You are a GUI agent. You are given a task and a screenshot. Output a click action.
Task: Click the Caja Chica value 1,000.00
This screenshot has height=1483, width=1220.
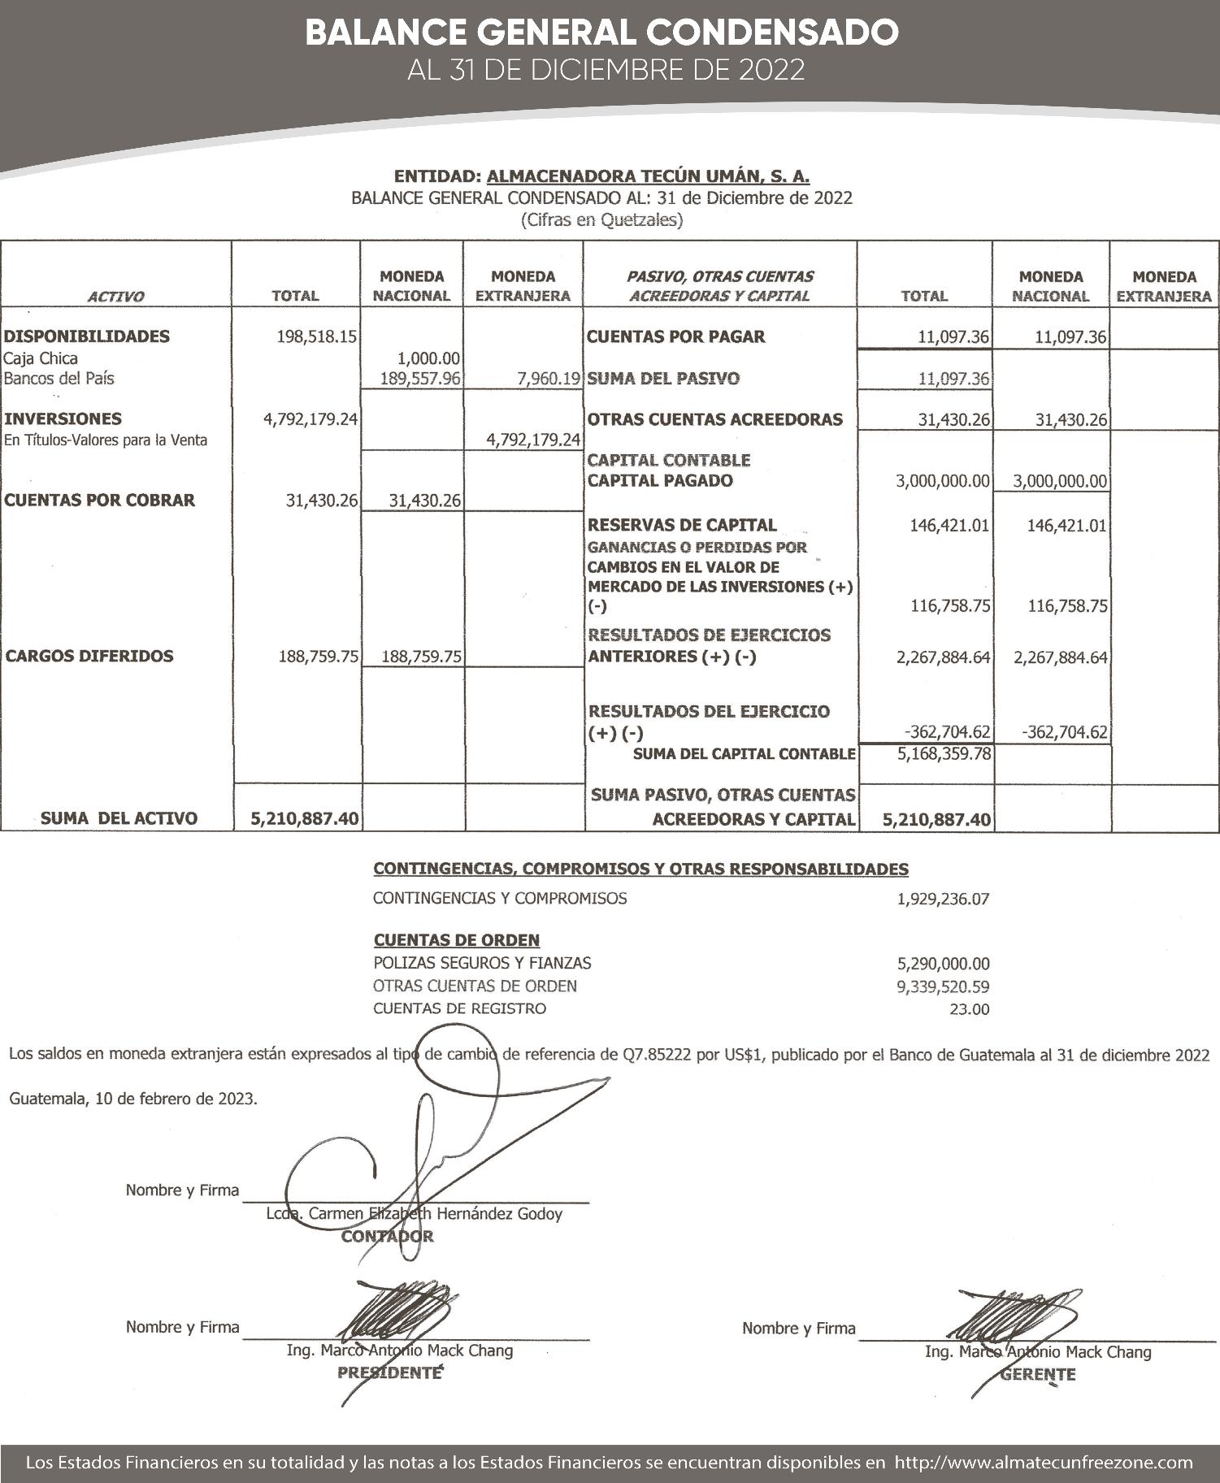pyautogui.click(x=428, y=358)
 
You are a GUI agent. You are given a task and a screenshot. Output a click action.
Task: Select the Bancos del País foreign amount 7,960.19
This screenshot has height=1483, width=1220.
pyautogui.click(x=548, y=379)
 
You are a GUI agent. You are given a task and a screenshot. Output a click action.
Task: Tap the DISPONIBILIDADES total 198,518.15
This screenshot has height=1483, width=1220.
pyautogui.click(x=316, y=336)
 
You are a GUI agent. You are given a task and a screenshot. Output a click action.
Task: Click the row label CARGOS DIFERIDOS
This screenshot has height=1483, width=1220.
pyautogui.click(x=89, y=656)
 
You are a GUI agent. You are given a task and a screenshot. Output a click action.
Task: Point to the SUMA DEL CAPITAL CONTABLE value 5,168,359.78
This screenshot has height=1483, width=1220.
pyautogui.click(x=944, y=753)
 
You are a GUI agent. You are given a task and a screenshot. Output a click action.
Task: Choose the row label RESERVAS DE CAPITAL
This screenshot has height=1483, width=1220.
pyautogui.click(x=681, y=525)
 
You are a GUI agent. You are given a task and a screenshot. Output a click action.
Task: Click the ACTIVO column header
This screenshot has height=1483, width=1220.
pyautogui.click(x=115, y=297)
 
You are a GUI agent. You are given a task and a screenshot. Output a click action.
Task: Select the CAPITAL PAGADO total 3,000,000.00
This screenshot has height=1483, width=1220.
pyautogui.click(x=943, y=481)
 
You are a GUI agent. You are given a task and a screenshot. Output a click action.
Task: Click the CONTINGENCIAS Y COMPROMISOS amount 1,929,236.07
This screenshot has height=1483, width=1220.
pyautogui.click(x=943, y=900)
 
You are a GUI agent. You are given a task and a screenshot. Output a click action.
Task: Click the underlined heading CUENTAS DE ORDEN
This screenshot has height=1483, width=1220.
pyautogui.click(x=456, y=940)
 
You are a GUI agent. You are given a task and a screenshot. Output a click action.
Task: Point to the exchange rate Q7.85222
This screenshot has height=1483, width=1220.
pyautogui.click(x=657, y=1056)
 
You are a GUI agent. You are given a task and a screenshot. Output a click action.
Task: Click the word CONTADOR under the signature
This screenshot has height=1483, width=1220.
pyautogui.click(x=387, y=1237)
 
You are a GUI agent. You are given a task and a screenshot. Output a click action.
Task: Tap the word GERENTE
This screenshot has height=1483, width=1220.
pyautogui.click(x=1037, y=1374)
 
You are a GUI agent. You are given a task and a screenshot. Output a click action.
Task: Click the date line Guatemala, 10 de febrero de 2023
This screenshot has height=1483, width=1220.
pyautogui.click(x=133, y=1099)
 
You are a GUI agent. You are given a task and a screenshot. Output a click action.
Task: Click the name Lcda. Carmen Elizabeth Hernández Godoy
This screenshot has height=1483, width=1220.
pyautogui.click(x=414, y=1214)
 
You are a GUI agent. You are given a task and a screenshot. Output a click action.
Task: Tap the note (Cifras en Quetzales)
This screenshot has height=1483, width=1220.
pyautogui.click(x=601, y=219)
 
